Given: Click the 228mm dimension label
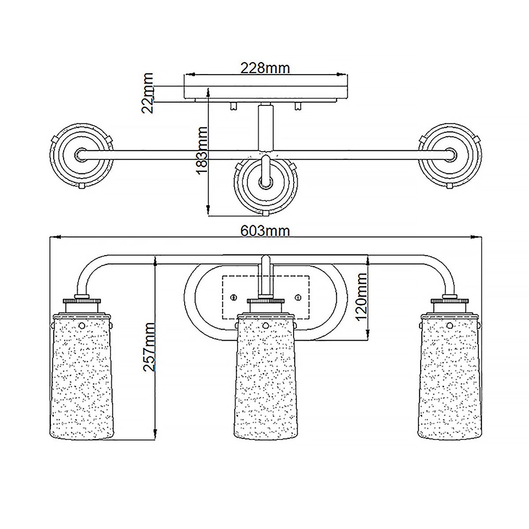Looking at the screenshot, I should [x=265, y=68].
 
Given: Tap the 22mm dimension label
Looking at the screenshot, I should [x=149, y=93].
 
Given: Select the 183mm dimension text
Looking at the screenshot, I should [x=202, y=150].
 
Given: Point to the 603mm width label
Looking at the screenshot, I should [x=265, y=231].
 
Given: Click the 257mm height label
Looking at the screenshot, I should [x=150, y=347].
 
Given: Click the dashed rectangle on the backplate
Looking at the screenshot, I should [x=266, y=298].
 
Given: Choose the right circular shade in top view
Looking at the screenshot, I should [x=450, y=154].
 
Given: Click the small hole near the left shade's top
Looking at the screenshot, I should [x=82, y=325].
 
